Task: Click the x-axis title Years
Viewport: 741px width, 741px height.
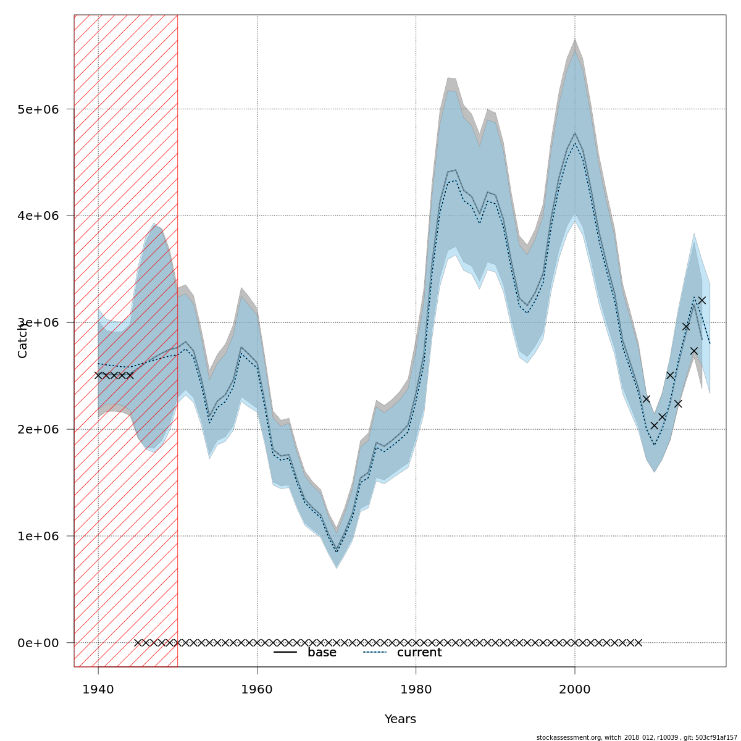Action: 400,719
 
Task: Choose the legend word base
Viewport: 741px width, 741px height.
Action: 322,653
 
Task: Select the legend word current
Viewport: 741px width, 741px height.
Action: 419,653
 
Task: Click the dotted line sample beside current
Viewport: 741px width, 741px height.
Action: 374,653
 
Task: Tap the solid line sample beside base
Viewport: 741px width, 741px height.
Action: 285,653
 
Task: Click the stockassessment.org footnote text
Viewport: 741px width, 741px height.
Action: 636,737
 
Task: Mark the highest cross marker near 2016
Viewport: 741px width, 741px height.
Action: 701,301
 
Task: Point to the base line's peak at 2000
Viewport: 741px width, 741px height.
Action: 575,133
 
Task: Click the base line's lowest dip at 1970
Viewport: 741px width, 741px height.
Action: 337,550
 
